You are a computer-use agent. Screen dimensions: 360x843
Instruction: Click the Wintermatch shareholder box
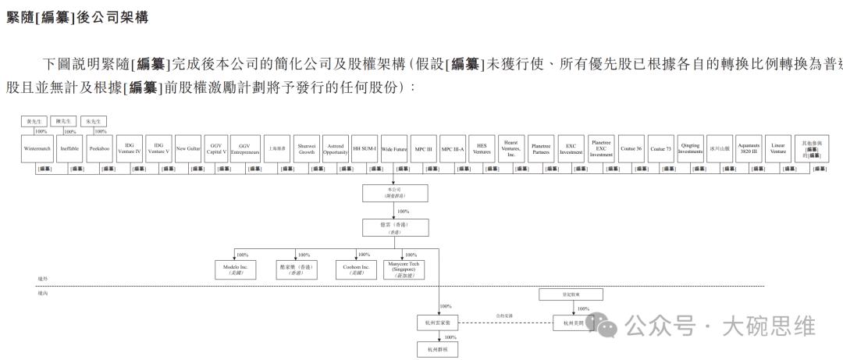click(37, 148)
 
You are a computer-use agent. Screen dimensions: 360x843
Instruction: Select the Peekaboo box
click(99, 148)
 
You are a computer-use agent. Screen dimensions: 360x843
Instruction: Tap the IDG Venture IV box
click(130, 148)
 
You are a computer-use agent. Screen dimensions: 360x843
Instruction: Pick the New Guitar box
click(188, 148)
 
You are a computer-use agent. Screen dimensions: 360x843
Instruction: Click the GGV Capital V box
click(217, 148)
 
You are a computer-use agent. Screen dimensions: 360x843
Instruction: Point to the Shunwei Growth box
click(307, 148)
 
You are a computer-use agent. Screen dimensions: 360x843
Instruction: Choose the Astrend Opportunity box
click(336, 148)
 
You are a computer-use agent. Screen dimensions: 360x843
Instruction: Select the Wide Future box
click(394, 148)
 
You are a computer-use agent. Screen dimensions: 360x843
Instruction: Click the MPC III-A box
click(453, 148)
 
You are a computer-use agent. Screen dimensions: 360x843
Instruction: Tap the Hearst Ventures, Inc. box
click(511, 148)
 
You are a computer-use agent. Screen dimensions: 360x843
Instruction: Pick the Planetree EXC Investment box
click(601, 148)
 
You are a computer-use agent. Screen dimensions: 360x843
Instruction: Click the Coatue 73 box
click(660, 148)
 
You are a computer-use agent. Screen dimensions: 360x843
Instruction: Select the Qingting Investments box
click(690, 148)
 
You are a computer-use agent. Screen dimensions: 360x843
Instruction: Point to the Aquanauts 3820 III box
click(749, 148)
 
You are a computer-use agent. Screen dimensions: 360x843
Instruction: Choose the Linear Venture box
click(778, 148)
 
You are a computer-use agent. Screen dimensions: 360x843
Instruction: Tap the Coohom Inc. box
click(356, 269)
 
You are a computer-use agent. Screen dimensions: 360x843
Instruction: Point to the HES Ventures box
click(482, 148)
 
